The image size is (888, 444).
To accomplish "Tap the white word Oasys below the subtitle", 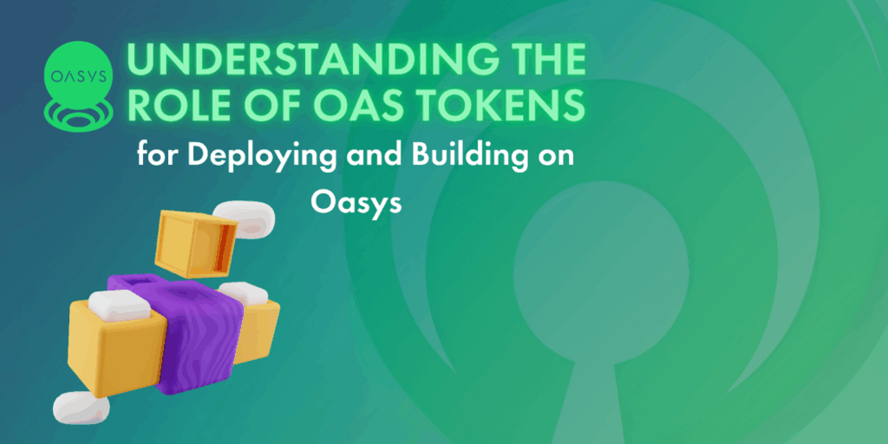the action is pos(356,203).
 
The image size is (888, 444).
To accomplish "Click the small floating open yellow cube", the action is pos(195,243).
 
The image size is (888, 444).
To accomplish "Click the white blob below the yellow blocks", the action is pos(81,408).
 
